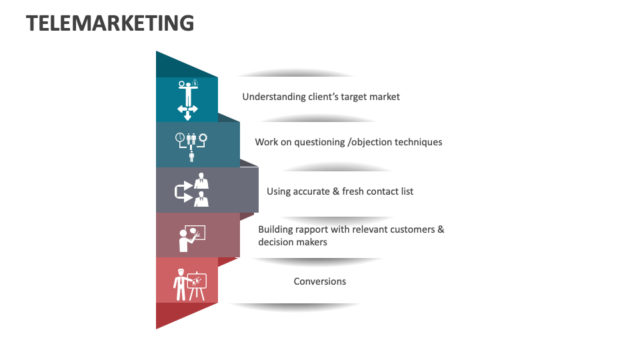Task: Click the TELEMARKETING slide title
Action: coord(110,23)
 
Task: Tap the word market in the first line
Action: coord(385,97)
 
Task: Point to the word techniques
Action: coord(418,142)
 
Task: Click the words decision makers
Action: coord(293,242)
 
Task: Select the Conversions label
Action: coord(320,281)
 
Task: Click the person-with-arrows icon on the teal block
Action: coord(187,100)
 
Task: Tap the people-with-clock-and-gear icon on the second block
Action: coord(191,146)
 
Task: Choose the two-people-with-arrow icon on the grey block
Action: coord(192,190)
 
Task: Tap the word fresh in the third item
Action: coord(353,191)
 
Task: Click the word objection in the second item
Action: coord(371,142)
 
